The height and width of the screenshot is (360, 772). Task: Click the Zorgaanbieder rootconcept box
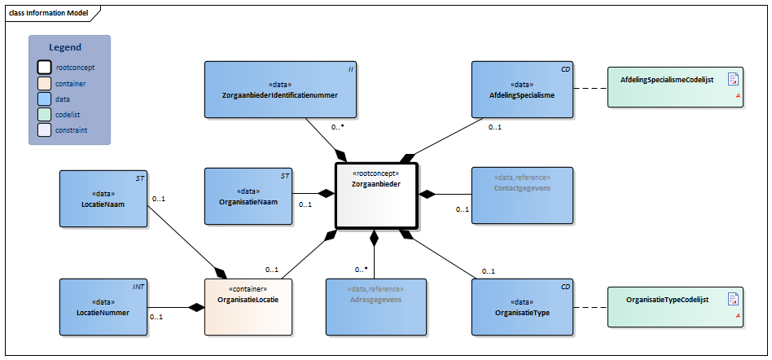click(376, 195)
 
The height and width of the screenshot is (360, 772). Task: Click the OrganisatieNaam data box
click(248, 196)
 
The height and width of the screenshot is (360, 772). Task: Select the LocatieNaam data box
click(102, 198)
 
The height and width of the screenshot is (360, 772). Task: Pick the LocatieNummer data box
click(102, 306)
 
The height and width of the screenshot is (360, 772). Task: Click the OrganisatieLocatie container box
click(248, 306)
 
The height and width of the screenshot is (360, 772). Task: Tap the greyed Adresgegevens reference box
click(375, 306)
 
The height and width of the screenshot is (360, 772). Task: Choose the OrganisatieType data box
click(522, 306)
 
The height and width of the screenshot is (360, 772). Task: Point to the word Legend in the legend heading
click(65, 47)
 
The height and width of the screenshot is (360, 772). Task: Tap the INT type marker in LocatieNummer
click(138, 287)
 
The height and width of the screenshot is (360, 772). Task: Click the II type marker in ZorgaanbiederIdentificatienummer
click(350, 70)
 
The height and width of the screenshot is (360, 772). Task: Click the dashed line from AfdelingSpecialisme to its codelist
click(590, 88)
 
